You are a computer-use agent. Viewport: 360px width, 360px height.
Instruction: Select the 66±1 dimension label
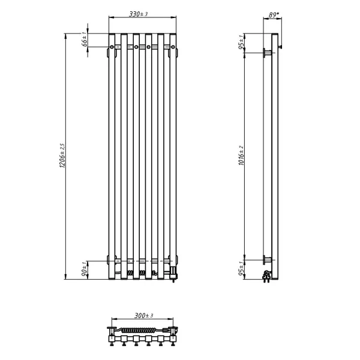click(85, 41)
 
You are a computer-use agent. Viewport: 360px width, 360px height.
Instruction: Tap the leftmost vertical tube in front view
click(112, 156)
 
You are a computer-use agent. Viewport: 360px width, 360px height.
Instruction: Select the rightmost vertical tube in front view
click(174, 156)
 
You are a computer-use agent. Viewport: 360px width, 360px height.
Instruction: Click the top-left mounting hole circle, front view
click(112, 46)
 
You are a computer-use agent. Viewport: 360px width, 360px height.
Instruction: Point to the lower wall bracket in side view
click(266, 259)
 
